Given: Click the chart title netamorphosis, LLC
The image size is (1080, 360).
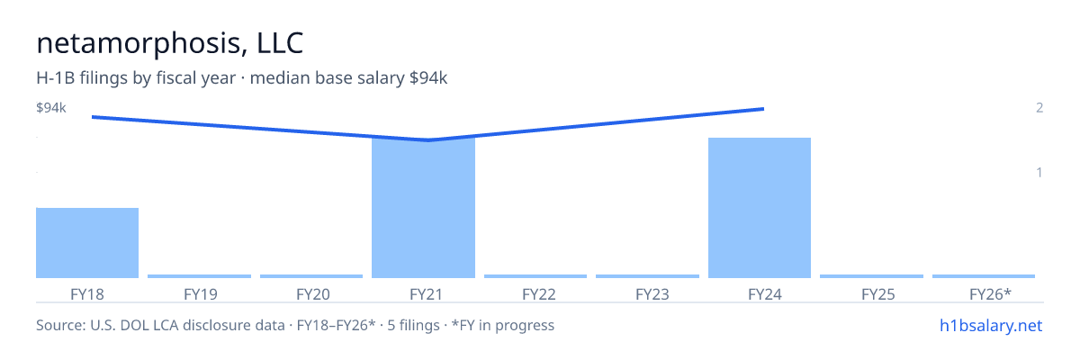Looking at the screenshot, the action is pos(170,43).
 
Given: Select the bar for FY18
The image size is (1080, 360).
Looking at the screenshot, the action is pos(87,243).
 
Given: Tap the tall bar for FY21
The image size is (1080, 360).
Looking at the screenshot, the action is pos(423,208).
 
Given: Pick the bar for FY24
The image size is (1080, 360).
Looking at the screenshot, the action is pos(760,208).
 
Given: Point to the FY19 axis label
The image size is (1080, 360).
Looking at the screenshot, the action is pos(201,294).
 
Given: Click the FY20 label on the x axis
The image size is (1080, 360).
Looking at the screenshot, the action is pos(313,294).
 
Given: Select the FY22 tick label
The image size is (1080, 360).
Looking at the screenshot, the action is pos(539,294).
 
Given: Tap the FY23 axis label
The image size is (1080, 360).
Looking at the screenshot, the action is pos(652,294).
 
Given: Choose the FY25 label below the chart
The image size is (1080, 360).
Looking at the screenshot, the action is pos(878,294).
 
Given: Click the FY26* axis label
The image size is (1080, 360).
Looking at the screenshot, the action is pos(990,294).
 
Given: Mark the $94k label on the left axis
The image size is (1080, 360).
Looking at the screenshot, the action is pos(51,107).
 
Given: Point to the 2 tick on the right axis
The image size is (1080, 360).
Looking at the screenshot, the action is pos(1039,107).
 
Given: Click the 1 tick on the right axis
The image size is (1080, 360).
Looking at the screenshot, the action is pos(1039,172).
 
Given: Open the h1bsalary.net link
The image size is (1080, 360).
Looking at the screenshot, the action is pos(991,325).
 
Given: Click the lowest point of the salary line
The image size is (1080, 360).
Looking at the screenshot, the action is pos(428,140).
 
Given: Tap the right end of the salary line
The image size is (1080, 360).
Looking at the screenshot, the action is pos(764,109).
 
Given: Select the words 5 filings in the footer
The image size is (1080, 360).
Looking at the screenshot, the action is pos(414,325).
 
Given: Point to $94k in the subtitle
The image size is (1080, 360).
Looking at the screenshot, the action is pos(428,77).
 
